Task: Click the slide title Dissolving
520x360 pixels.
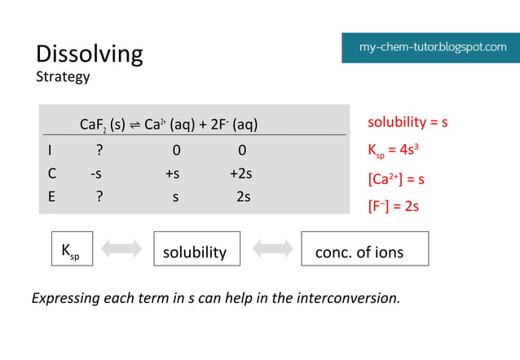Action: tap(89, 54)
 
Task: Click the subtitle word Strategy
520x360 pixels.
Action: tap(63, 77)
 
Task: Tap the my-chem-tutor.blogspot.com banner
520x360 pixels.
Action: tap(432, 47)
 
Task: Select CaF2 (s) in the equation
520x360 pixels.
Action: tap(102, 125)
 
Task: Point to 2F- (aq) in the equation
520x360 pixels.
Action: tap(233, 125)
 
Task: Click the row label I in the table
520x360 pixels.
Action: tap(50, 151)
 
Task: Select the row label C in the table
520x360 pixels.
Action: tap(51, 173)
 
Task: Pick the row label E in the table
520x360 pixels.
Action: tap(51, 196)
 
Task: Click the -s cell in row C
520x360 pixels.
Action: tap(97, 173)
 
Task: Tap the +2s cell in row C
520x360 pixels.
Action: tap(241, 173)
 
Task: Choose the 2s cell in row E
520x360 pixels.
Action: tap(243, 196)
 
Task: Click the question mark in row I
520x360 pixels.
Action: tap(99, 151)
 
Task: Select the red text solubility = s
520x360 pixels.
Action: tap(408, 122)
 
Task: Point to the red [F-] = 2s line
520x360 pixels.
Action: tap(394, 206)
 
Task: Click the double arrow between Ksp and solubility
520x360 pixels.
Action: tap(121, 249)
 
